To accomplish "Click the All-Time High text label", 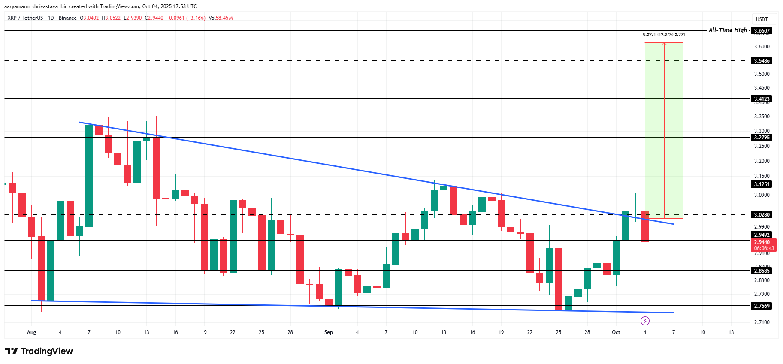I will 728,30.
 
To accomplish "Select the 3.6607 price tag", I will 762,30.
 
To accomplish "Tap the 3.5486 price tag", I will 762,60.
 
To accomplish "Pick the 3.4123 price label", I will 762,99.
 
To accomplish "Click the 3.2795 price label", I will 762,137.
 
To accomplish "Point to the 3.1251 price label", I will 762,184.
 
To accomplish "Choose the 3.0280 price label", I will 762,214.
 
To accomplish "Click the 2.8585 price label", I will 762,271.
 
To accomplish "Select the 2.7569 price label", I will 762,306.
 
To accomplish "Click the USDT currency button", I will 762,19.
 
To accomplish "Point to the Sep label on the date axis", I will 329,332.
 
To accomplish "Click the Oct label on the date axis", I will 616,332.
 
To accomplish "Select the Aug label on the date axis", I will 31,332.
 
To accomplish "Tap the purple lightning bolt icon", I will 645,321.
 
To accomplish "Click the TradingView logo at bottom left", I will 39,351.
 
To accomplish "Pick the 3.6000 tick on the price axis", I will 762,47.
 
